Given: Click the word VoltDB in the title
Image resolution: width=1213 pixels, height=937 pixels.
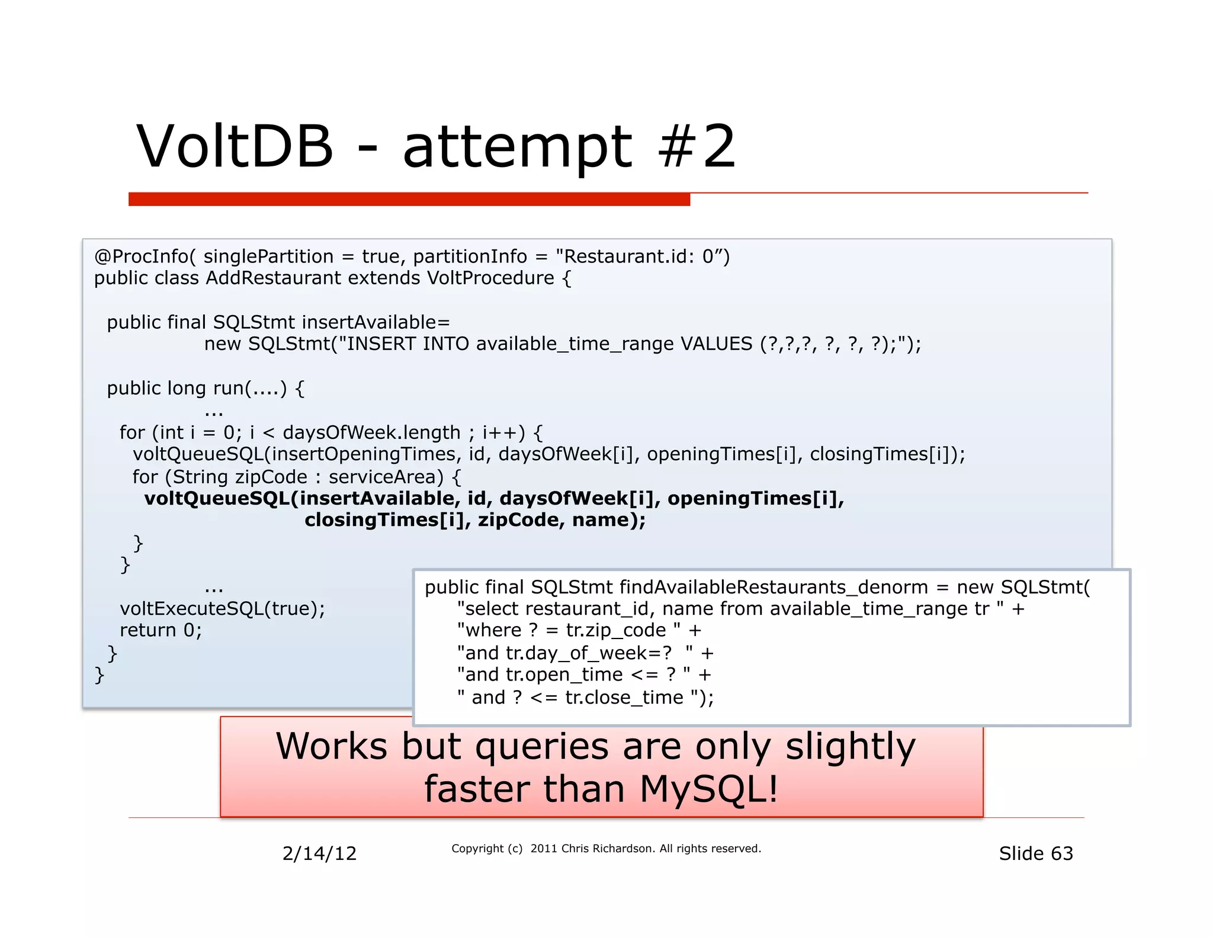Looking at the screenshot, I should pyautogui.click(x=235, y=146).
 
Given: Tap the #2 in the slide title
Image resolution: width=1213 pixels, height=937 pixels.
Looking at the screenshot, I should pyautogui.click(x=697, y=146).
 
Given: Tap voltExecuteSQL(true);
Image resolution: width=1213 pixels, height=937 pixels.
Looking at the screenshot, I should pyautogui.click(x=222, y=609).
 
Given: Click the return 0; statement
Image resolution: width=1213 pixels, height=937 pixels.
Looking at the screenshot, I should pyautogui.click(x=161, y=630).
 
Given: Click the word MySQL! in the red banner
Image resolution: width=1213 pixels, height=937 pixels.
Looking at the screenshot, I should pyautogui.click(x=708, y=789).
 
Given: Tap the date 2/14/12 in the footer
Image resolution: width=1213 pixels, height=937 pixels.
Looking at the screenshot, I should pyautogui.click(x=319, y=853).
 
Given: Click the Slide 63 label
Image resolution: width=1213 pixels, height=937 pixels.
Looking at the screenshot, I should pyautogui.click(x=1035, y=853).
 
